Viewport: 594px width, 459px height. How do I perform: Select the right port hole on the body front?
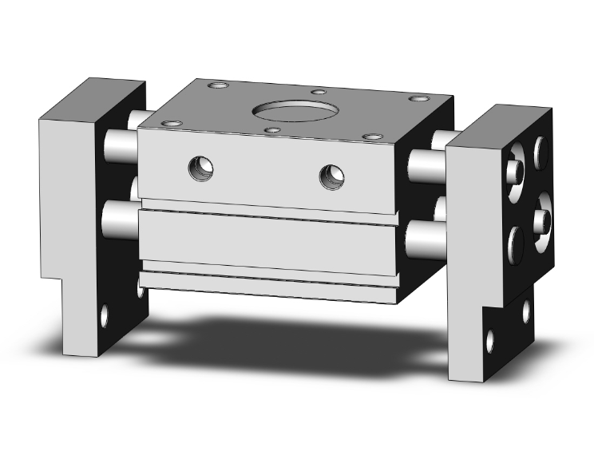[331, 176]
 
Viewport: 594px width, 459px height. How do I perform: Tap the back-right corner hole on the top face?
[418, 99]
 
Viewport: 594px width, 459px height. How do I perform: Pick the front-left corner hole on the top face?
[171, 124]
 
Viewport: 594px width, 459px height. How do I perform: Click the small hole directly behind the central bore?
[319, 92]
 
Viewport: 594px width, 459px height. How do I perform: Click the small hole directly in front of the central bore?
[272, 130]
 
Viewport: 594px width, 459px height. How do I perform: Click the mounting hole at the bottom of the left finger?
[105, 317]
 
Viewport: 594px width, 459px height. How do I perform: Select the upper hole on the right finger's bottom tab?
[526, 311]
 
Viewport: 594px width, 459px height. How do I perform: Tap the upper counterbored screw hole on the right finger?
[514, 169]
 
